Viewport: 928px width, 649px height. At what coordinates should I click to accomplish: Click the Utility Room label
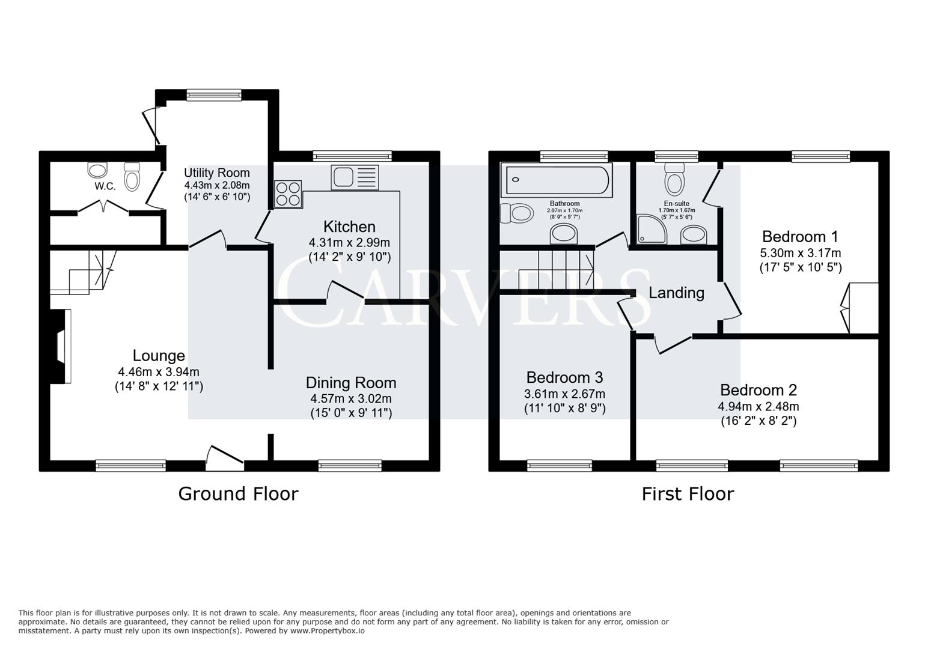tap(216, 173)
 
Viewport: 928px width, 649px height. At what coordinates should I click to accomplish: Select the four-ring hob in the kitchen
tap(288, 194)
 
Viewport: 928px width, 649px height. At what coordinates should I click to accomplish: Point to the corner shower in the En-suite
tap(652, 229)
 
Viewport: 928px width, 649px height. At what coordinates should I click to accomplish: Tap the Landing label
tap(676, 293)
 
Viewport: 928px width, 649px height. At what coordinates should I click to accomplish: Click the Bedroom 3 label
tap(564, 377)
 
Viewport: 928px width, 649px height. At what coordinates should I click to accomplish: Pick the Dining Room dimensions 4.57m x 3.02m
tap(350, 398)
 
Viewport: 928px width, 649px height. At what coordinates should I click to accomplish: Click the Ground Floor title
tap(238, 494)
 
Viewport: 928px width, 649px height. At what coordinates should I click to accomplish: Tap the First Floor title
tap(688, 494)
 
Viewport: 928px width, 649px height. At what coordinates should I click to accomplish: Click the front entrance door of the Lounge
tap(225, 456)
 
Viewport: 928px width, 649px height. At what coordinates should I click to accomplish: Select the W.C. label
tap(105, 186)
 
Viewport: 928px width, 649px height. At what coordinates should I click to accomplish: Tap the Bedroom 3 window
tap(559, 465)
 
